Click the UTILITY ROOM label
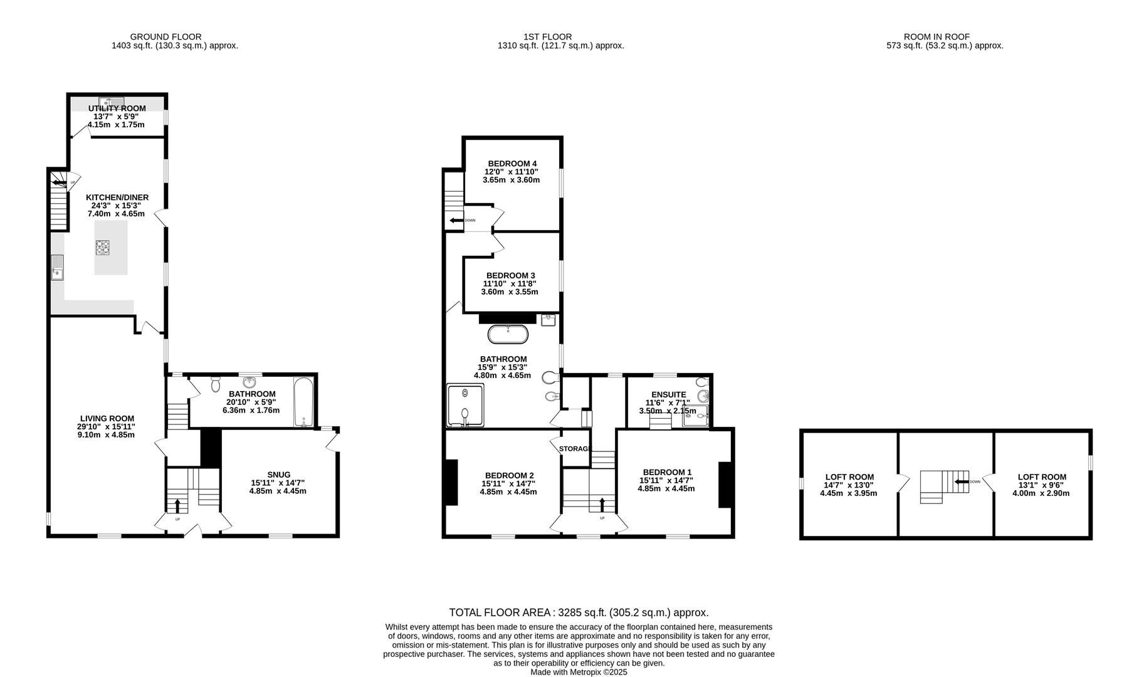pyautogui.click(x=117, y=108)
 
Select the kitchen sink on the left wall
pyautogui.click(x=57, y=267)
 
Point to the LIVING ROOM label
pyautogui.click(x=107, y=419)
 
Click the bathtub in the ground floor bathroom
pyautogui.click(x=302, y=402)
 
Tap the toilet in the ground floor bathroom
pyautogui.click(x=216, y=383)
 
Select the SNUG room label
pyautogui.click(x=278, y=475)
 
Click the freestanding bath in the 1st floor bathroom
pyautogui.click(x=508, y=334)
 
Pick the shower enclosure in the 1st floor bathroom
pyautogui.click(x=465, y=405)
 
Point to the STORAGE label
pyautogui.click(x=575, y=449)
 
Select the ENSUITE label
pyautogui.click(x=668, y=394)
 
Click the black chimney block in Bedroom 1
pyautogui.click(x=725, y=484)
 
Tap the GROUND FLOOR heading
pyautogui.click(x=165, y=37)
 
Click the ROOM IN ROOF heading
pyautogui.click(x=945, y=37)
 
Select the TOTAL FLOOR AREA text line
pyautogui.click(x=579, y=612)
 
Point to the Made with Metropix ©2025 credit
pyautogui.click(x=579, y=672)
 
